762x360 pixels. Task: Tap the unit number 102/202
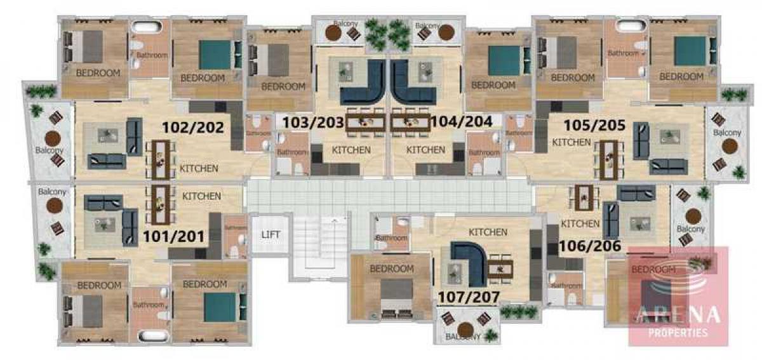coord(193,127)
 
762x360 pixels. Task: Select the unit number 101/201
coord(173,237)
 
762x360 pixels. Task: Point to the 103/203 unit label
coord(313,122)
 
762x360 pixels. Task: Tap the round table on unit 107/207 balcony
coord(467,329)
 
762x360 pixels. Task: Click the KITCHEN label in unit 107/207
coord(488,232)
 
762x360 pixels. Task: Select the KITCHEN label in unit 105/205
coord(571,142)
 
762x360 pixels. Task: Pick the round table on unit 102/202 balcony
coord(53,138)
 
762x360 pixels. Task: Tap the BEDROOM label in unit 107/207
coord(392,269)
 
